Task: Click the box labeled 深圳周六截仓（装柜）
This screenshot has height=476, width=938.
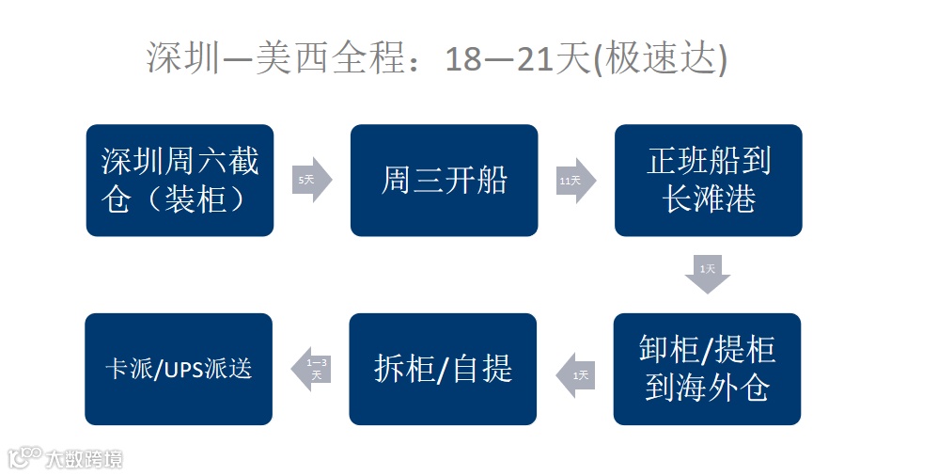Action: point(180,180)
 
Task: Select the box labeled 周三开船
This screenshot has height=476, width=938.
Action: point(444,180)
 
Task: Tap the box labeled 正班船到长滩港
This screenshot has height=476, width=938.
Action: point(708,180)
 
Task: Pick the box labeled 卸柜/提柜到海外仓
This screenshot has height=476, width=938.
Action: point(707,369)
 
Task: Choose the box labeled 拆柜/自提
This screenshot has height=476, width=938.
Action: point(443,369)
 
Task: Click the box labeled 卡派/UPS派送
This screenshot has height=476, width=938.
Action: point(179,369)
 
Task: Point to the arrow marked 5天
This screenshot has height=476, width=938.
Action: point(311,180)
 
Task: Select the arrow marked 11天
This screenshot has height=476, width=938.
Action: point(575,180)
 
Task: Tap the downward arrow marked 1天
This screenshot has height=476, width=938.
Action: point(708,274)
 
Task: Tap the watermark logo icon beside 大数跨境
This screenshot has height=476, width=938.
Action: point(23,458)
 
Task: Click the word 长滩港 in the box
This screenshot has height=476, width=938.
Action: point(709,199)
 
